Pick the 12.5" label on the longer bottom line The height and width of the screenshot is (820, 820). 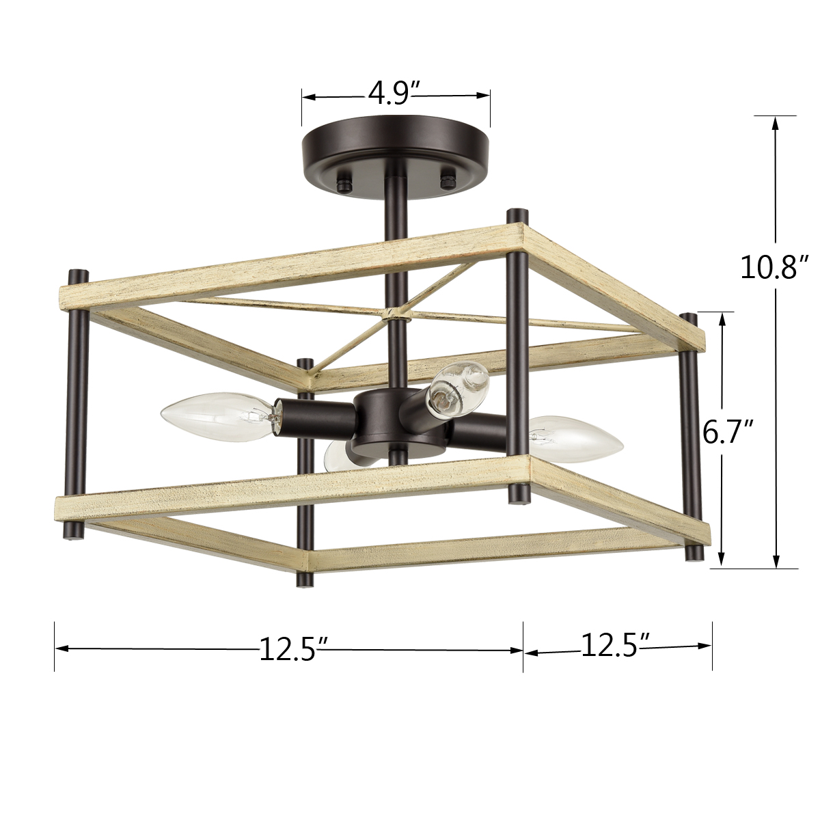(288, 648)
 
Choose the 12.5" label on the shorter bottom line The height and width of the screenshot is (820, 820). (615, 644)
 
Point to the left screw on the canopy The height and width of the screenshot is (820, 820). (345, 183)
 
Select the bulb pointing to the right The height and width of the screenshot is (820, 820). (577, 439)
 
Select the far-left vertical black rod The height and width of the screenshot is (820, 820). (78, 403)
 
